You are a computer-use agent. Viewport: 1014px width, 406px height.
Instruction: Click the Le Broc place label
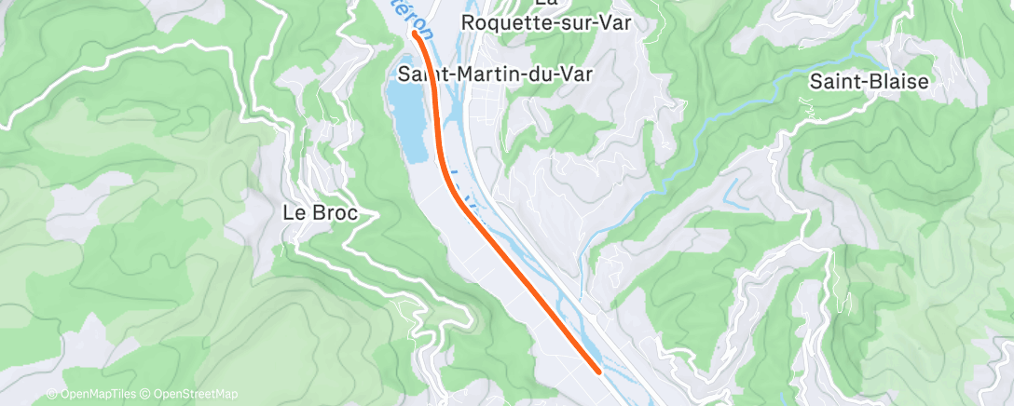point(320,212)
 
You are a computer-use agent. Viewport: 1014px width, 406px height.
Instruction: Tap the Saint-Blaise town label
point(869,81)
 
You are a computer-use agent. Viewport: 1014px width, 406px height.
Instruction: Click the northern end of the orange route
point(415,34)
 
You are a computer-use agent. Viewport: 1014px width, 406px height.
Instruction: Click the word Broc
point(333,212)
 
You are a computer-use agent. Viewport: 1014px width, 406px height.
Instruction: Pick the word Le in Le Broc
point(293,212)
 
